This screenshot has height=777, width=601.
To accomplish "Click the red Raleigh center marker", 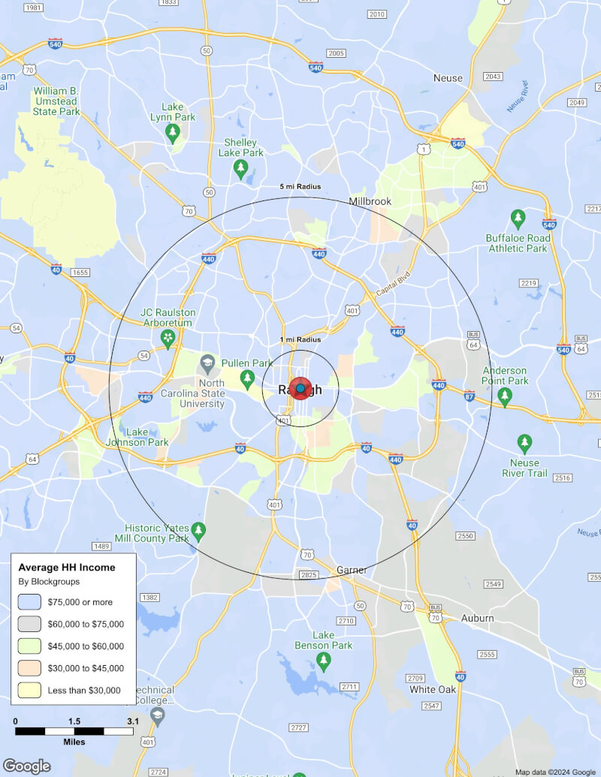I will tap(300, 389).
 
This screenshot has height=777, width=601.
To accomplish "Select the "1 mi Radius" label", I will tap(300, 340).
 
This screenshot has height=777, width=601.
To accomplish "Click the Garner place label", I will tap(352, 570).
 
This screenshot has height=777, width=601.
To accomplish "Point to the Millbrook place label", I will tap(370, 201).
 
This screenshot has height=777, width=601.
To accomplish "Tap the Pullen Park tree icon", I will tap(246, 376).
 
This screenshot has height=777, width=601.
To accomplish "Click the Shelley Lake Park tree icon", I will tap(240, 166).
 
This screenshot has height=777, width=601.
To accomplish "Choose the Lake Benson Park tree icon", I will tap(324, 661).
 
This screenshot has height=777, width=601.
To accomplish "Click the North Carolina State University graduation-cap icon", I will tap(206, 366).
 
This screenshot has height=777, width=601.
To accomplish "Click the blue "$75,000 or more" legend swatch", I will tap(30, 602).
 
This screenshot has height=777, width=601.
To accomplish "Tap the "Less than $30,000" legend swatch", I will tap(30, 690).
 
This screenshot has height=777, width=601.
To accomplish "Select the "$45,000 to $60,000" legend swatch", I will tap(30, 646).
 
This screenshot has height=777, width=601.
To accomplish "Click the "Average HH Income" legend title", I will tap(67, 568).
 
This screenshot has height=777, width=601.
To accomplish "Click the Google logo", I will tap(26, 766).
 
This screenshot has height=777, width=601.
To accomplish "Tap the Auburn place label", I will tap(478, 618).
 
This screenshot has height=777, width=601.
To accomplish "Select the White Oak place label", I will tap(433, 689).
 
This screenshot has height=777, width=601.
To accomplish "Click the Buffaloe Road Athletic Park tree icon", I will tap(518, 218).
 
